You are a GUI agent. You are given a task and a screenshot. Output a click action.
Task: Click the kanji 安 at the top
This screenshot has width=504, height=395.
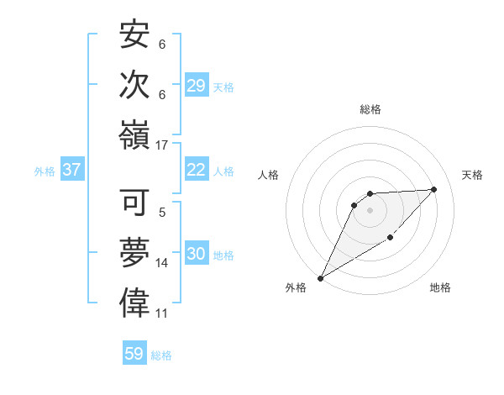pyautogui.click(x=134, y=36)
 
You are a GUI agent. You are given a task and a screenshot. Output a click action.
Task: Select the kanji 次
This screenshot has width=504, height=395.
pyautogui.click(x=134, y=85)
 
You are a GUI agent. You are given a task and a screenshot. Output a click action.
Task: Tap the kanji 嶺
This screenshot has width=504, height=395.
pyautogui.click(x=134, y=134)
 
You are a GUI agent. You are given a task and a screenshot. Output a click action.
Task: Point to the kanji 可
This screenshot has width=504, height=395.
pyautogui.click(x=134, y=203)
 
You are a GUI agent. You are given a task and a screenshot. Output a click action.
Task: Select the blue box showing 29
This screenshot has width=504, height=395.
pyautogui.click(x=197, y=86)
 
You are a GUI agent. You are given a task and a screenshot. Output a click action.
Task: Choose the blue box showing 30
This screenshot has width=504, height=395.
pyautogui.click(x=197, y=255)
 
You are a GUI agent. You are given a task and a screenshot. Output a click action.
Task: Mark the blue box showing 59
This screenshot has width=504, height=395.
pyautogui.click(x=134, y=354)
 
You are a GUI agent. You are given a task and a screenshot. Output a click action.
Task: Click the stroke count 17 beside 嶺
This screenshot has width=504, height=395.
pyautogui.click(x=162, y=145)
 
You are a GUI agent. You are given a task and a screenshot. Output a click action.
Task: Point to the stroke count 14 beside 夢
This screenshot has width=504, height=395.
pyautogui.click(x=162, y=263)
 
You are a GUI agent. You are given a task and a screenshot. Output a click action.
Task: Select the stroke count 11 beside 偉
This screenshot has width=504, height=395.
pyautogui.click(x=162, y=313)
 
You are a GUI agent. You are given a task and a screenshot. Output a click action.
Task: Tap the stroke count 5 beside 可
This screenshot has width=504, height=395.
pyautogui.click(x=162, y=213)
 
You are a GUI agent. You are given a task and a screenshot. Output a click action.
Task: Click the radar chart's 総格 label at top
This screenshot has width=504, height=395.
pyautogui.click(x=370, y=109)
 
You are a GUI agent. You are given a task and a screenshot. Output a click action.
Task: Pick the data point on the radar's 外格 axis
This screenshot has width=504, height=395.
pyautogui.click(x=320, y=278)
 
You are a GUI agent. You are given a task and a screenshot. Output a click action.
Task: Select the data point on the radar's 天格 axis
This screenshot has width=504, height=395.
pyautogui.click(x=434, y=189)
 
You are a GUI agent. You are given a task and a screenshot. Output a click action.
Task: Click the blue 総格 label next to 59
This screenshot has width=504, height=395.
pyautogui.click(x=161, y=355)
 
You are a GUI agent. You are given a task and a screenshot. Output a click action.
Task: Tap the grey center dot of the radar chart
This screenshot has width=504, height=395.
pyautogui.click(x=370, y=209)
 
